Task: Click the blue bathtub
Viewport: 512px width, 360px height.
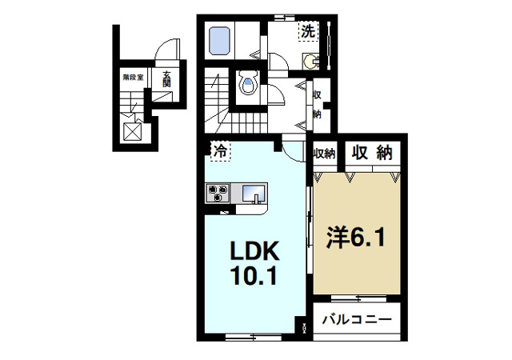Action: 218,39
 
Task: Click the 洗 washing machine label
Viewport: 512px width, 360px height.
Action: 308,31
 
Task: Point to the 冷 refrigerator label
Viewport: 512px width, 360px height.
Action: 219,149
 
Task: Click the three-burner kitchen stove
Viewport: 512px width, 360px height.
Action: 218,192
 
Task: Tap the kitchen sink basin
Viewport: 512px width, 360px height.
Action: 254,193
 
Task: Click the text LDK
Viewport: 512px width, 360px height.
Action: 254,253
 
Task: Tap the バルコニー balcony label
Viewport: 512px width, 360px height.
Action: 357,320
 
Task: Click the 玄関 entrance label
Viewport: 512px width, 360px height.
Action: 166,80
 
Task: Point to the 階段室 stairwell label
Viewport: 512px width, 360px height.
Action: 133,78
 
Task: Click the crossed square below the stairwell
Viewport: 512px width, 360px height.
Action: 132,130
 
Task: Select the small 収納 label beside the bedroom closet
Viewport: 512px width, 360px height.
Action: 323,153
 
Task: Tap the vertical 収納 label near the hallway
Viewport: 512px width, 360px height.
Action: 318,104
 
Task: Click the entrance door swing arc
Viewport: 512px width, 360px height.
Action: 164,50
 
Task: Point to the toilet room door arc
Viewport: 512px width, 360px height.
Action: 275,97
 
